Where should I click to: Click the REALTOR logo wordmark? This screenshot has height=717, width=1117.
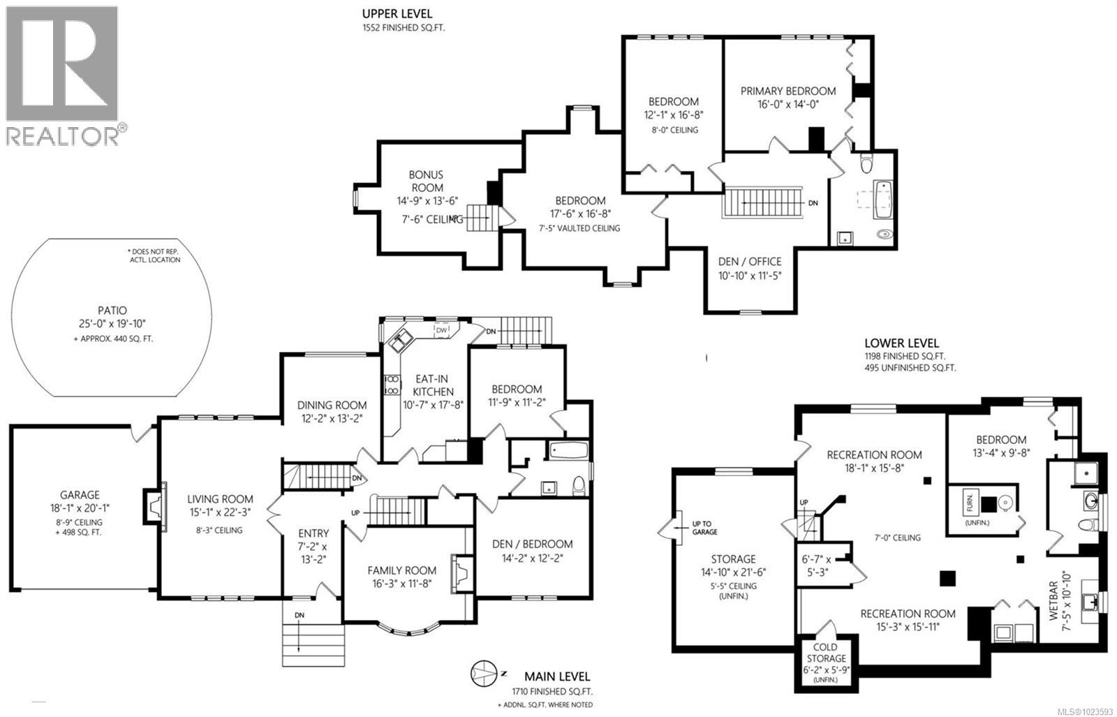(x=63, y=135)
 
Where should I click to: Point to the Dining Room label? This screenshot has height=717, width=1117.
(x=332, y=405)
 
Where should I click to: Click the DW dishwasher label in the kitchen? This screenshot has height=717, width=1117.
(x=441, y=330)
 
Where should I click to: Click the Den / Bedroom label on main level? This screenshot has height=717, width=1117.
(x=532, y=544)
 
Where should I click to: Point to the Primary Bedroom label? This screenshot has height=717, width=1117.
(x=788, y=91)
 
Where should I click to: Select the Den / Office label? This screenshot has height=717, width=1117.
(x=750, y=262)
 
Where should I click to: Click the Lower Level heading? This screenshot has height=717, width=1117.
(x=901, y=343)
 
